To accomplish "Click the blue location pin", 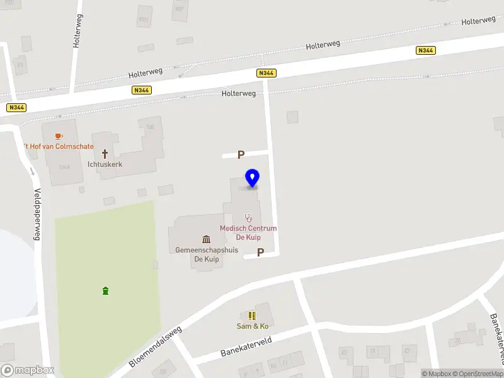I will tap(253, 178).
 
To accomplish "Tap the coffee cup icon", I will tap(59, 136).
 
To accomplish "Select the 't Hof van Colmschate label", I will tap(58, 147).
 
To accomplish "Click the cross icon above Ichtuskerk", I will tap(105, 153).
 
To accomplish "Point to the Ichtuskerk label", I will tap(105, 164).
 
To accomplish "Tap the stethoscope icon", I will tap(248, 217).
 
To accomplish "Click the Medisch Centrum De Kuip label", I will tap(248, 232).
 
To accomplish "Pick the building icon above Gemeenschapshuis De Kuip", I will tap(206, 239).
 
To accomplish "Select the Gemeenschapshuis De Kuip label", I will tap(207, 254).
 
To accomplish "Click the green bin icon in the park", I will tap(105, 290).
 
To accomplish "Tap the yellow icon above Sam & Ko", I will tap(252, 316).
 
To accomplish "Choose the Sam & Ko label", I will tap(252, 326).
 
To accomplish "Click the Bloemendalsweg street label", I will tap(154, 346).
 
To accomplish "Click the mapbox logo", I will tap(27, 370).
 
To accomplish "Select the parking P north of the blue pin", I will tap(240, 155).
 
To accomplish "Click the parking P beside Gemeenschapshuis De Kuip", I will tap(260, 253).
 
